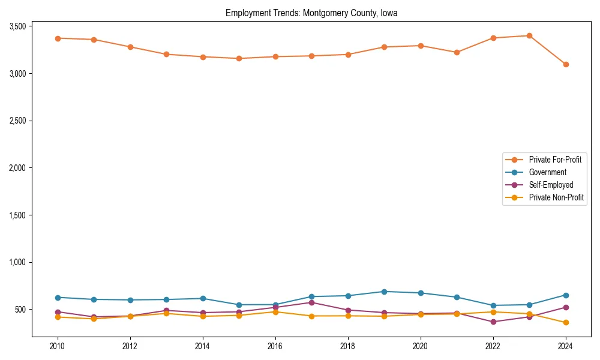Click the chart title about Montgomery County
pos(311,13)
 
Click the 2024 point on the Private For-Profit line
pos(566,64)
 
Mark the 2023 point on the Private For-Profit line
pos(529,35)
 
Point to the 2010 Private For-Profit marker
pos(58,38)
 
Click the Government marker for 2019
pos(384,292)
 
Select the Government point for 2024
pos(566,295)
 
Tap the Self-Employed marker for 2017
pos(311,302)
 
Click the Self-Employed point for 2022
pos(493,322)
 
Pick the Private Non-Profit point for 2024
pos(566,323)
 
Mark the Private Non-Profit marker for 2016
pos(275,312)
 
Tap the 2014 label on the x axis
pos(203,346)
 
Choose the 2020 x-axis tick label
pos(420,346)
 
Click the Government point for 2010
pos(58,298)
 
